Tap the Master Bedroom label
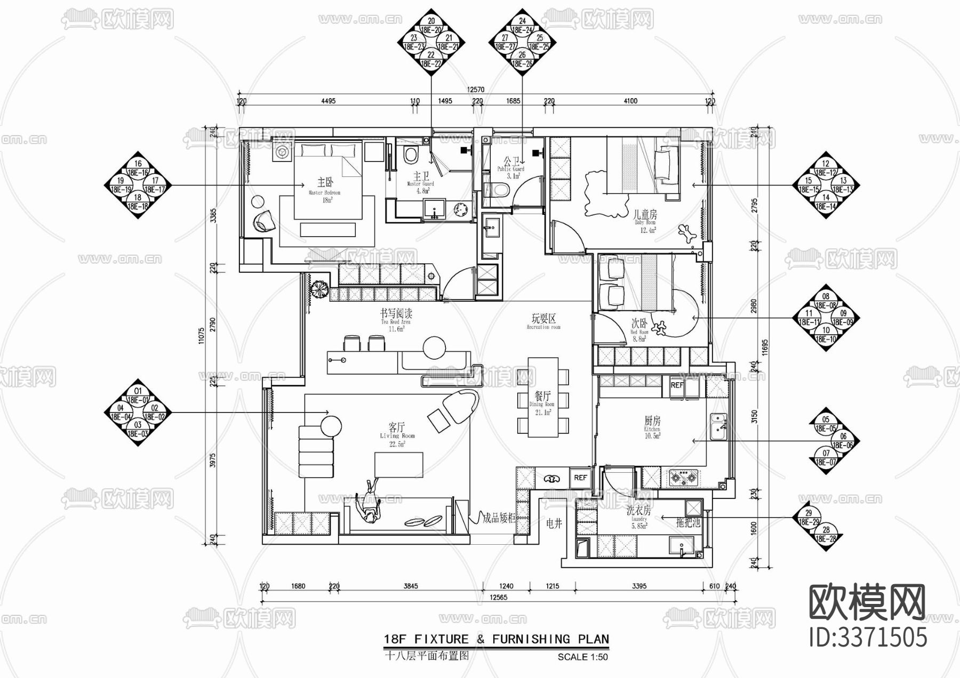pos(324,187)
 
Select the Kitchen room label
pos(652,424)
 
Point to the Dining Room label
pos(542,399)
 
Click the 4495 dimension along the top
pos(328,101)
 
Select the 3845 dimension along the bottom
pos(410,586)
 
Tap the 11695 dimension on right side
pos(765,346)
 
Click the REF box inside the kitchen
pos(677,385)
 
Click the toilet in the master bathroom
pos(410,155)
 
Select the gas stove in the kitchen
pos(683,478)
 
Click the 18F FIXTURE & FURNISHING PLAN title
pos(496,639)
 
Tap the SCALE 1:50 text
pos(582,657)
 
